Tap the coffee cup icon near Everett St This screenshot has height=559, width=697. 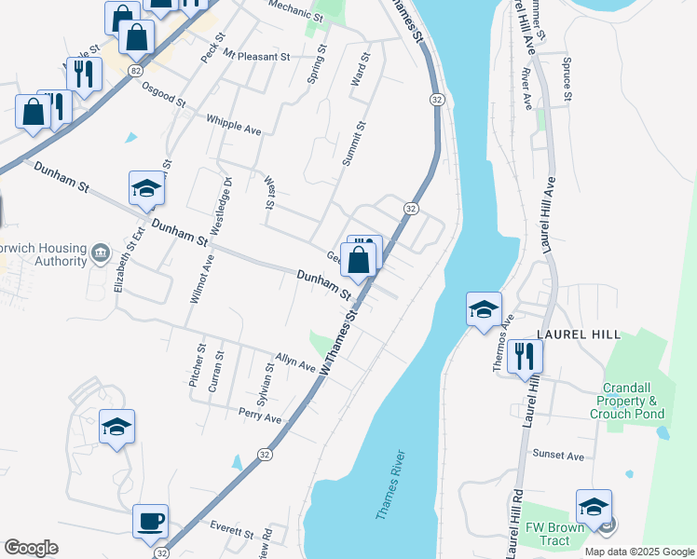pyautogui.click(x=150, y=520)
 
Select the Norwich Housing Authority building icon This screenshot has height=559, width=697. pyautogui.click(x=100, y=252)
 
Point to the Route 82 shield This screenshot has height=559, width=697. pyautogui.click(x=137, y=70)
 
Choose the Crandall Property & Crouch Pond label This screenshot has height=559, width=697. pyautogui.click(x=633, y=401)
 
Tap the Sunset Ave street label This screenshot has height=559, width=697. pyautogui.click(x=557, y=456)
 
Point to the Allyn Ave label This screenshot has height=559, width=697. pyautogui.click(x=295, y=362)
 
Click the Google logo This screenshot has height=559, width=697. pyautogui.click(x=31, y=548)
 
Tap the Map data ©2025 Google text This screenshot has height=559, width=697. pyautogui.click(x=639, y=552)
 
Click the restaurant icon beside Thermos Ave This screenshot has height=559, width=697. pyautogui.click(x=525, y=355)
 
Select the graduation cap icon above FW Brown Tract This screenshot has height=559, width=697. pyautogui.click(x=594, y=507)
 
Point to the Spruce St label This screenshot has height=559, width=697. pyautogui.click(x=566, y=78)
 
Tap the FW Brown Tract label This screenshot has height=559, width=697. pyautogui.click(x=567, y=534)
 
